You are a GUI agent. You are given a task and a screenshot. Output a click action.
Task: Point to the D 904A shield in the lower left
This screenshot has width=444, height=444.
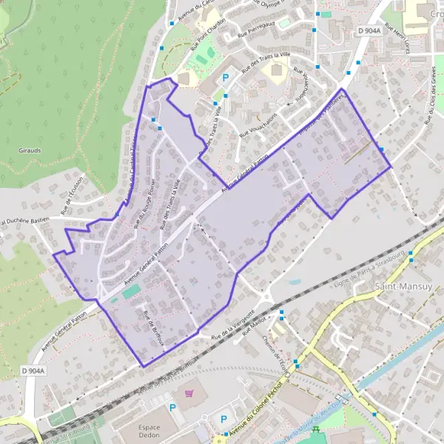coord(33,371)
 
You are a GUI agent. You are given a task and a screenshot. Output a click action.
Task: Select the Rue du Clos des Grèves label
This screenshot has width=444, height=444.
coord(429,104)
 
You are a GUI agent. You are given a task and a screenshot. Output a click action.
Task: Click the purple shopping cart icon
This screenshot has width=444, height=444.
coord(189,392)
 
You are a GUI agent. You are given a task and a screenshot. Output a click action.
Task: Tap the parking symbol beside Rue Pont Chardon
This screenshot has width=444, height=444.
coord(226,77)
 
